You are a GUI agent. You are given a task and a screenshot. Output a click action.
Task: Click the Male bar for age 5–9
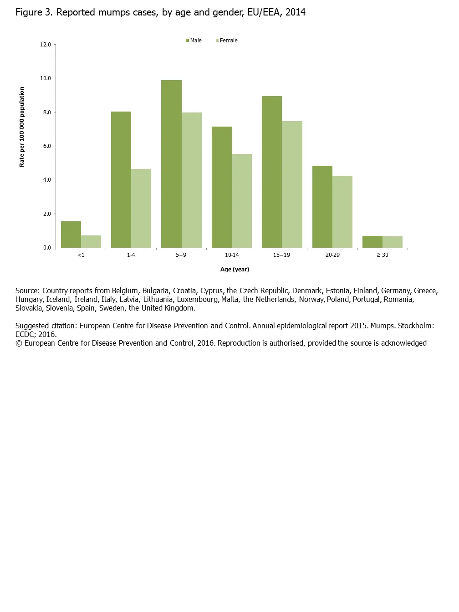click(171, 164)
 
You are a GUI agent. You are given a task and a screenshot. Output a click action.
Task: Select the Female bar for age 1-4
click(141, 208)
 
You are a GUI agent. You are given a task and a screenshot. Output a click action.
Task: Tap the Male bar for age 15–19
click(272, 172)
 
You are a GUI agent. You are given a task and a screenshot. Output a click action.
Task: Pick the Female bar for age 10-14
click(242, 201)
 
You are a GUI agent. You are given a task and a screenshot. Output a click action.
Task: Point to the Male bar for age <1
click(71, 235)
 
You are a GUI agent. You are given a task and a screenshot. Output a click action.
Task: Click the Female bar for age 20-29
click(342, 212)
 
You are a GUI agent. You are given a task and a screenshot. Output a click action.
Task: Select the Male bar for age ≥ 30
click(372, 242)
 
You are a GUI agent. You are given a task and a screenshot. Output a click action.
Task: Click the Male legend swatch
click(187, 41)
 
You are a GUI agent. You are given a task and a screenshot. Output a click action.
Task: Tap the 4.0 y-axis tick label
click(47, 180)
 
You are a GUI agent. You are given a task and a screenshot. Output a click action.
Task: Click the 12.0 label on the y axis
click(46, 45)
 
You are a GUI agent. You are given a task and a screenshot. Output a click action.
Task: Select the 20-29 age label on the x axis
click(332, 255)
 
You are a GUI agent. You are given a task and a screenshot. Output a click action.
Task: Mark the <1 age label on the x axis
click(81, 255)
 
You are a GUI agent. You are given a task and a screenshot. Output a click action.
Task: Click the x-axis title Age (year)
click(235, 270)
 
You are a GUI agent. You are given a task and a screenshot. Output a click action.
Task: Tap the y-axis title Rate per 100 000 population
click(22, 127)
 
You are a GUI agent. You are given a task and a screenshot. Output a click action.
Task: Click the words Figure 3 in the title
click(34, 12)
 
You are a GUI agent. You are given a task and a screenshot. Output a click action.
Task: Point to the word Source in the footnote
click(27, 291)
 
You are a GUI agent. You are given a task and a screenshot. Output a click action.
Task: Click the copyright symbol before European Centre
click(19, 343)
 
